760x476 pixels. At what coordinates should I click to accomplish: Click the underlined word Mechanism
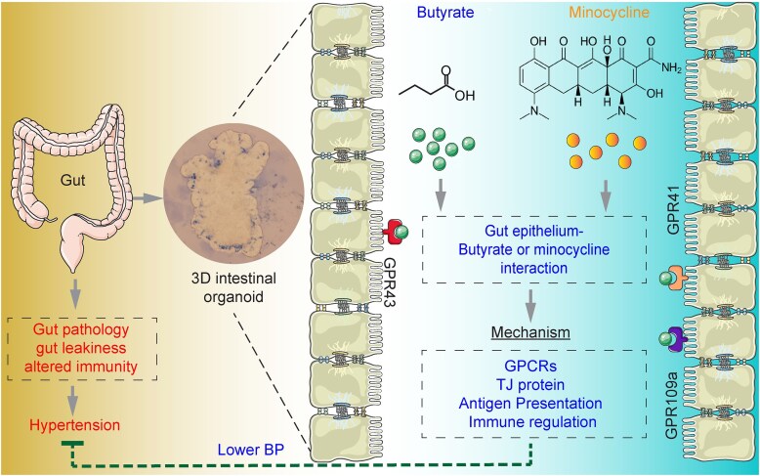coord(529,333)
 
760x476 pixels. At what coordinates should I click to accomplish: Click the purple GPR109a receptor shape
coord(674,339)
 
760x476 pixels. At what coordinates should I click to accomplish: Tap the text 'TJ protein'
coord(529,384)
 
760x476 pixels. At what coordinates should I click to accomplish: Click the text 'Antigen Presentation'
coord(529,404)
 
